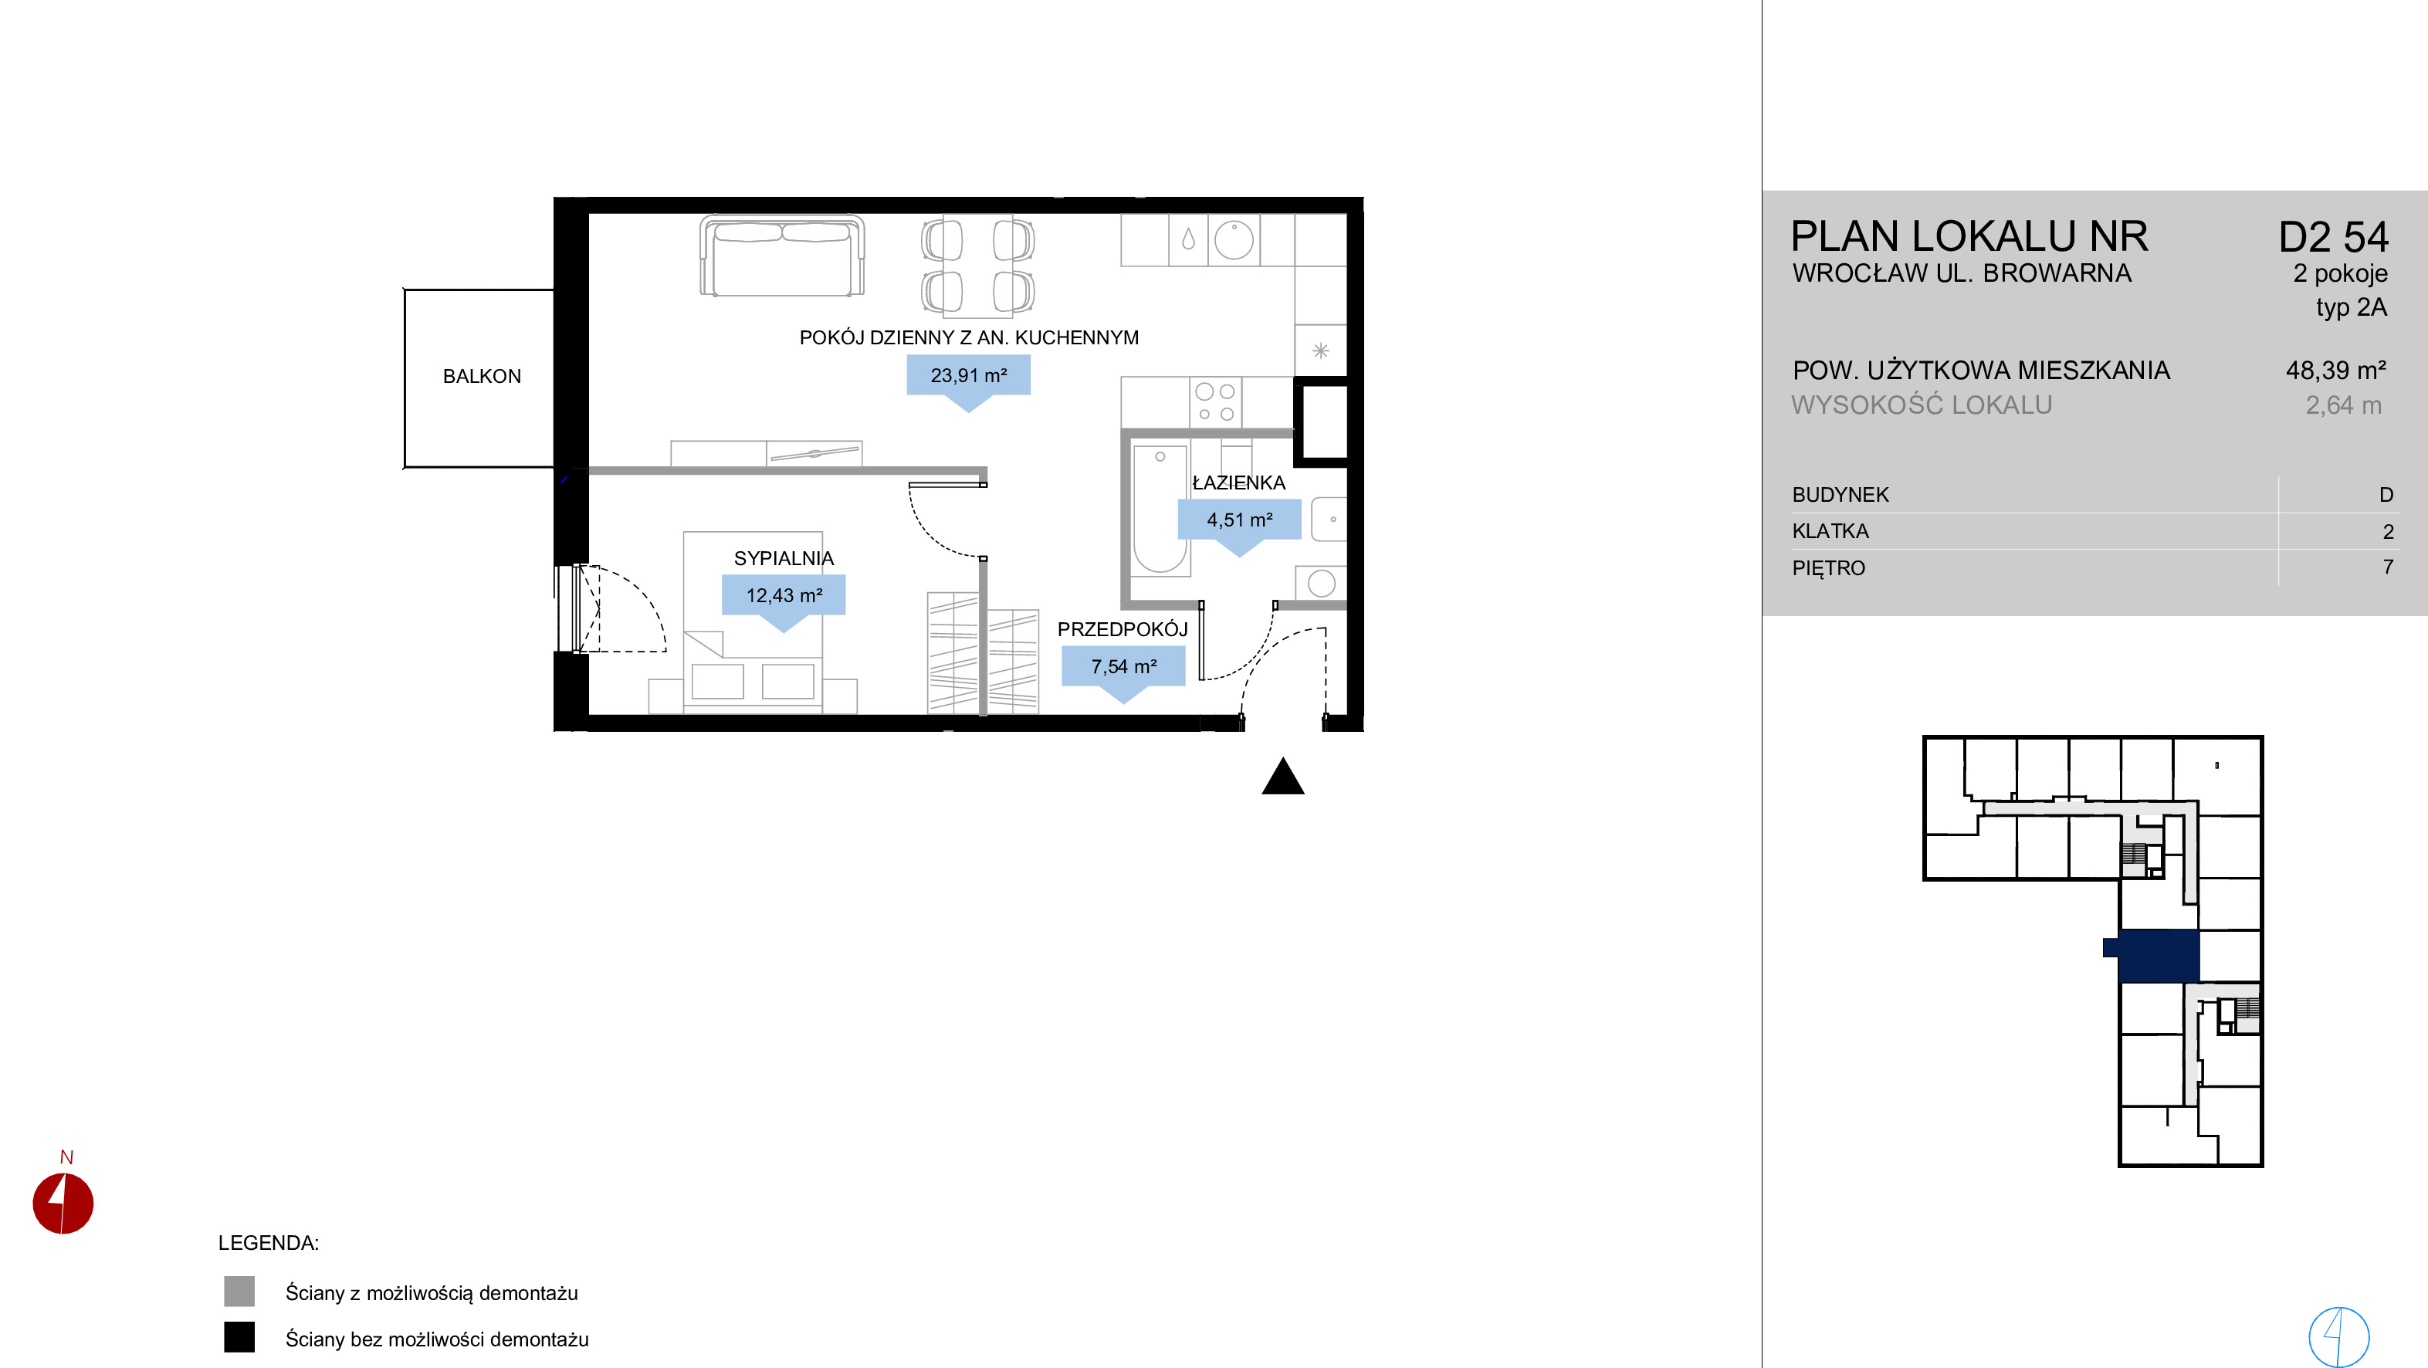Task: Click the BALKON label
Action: [482, 376]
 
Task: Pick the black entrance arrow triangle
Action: [1283, 777]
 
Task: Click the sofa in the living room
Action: [781, 256]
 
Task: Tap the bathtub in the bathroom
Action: [1160, 509]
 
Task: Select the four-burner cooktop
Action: [1215, 402]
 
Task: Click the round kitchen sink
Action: [1234, 239]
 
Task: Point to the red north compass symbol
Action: [63, 1203]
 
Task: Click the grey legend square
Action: [239, 1292]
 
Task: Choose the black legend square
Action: [239, 1337]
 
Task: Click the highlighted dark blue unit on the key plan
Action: [2159, 955]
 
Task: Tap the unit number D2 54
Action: [2333, 237]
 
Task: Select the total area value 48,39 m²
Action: [2335, 371]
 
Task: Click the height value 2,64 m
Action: [2343, 405]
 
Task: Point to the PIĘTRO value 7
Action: [2388, 567]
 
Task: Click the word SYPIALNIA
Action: [784, 558]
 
